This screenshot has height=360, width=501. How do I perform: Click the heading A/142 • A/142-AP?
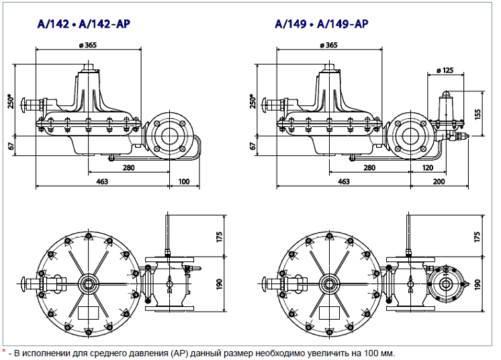84,24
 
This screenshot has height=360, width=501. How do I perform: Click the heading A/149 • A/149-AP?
322,24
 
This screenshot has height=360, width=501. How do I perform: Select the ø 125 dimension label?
445,70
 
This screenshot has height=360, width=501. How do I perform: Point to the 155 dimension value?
477,114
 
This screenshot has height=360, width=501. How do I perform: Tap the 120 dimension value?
428,168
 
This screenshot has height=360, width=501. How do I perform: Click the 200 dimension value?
439,181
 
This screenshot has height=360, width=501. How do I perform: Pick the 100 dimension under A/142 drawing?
184,181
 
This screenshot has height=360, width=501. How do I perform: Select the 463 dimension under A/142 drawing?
102,181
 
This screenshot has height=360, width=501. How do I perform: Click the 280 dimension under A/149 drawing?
369,168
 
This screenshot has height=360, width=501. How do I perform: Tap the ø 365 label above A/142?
87,45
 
